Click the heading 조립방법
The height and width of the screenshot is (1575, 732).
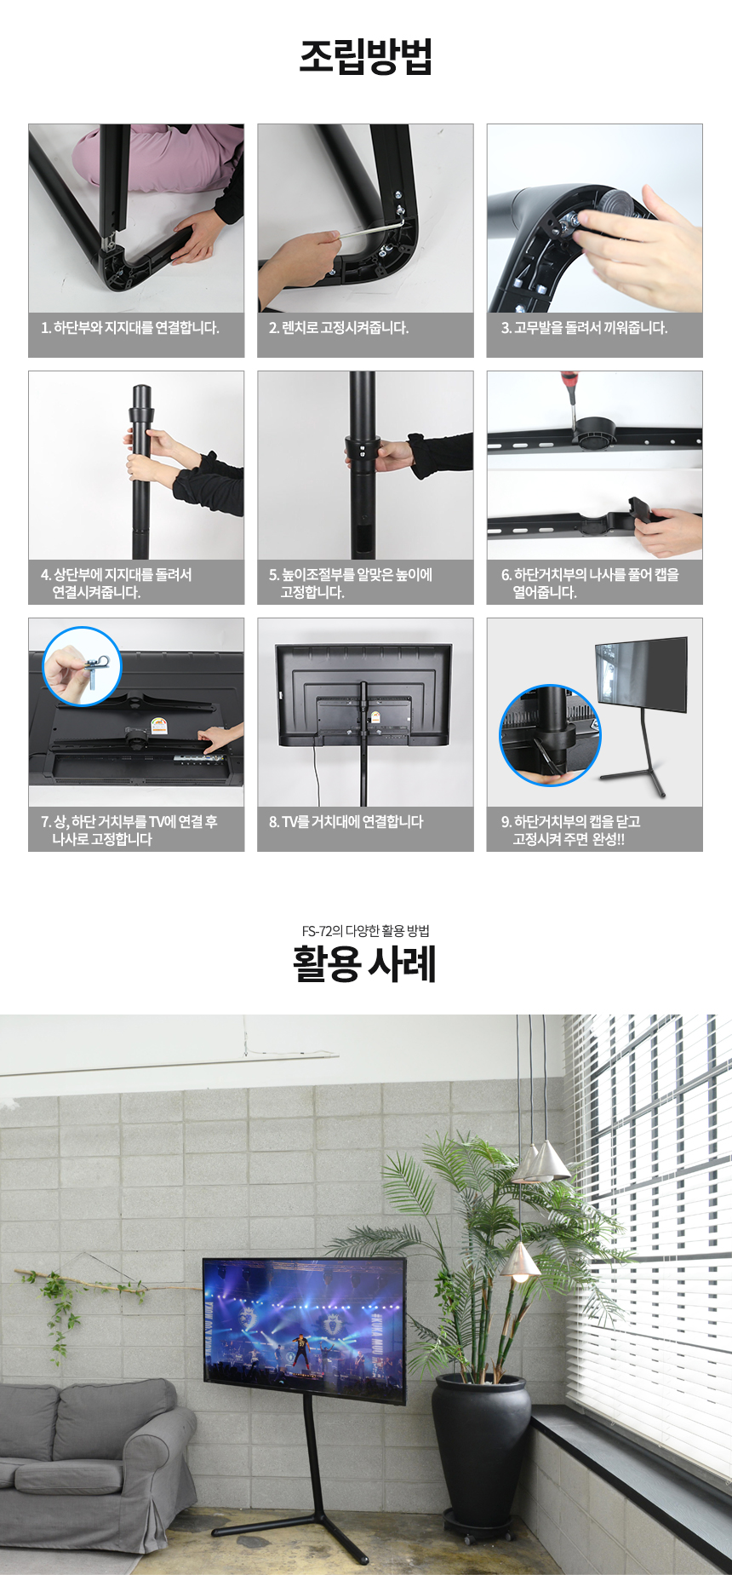(x=366, y=56)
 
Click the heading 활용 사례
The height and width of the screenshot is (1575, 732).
(x=365, y=963)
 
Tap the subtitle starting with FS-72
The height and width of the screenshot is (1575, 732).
(x=365, y=930)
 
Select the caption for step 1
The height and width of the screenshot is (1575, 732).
(x=130, y=327)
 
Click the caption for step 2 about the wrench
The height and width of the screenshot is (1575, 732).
(x=339, y=327)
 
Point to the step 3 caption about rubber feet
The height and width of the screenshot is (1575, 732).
(x=584, y=327)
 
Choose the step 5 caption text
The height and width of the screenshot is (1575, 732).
(x=351, y=583)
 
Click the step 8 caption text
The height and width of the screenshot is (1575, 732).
(x=346, y=821)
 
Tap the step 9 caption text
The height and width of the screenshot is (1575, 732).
(x=570, y=830)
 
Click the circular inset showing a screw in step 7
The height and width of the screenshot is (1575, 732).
(x=82, y=666)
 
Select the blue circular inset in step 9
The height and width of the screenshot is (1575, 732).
(x=550, y=735)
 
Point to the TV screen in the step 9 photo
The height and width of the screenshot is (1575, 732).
(x=641, y=674)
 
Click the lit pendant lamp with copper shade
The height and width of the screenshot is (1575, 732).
(x=520, y=1262)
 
